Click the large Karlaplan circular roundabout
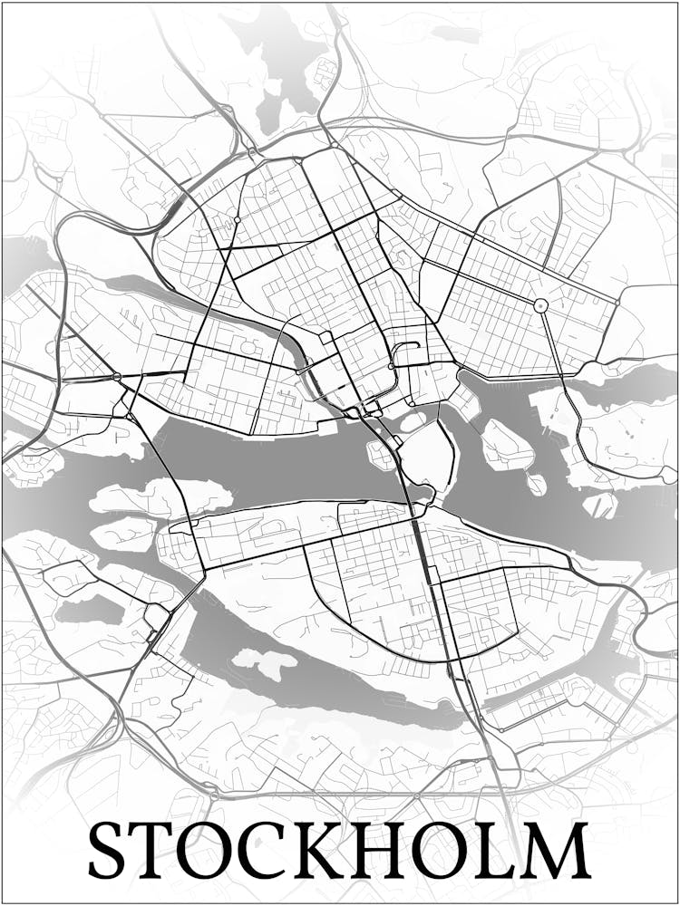[x=541, y=305]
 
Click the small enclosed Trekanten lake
[x=88, y=609]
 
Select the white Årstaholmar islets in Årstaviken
[x=263, y=662]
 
